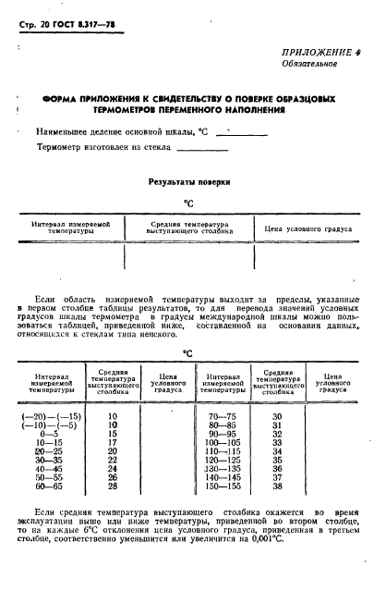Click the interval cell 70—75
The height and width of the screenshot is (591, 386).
coord(222,416)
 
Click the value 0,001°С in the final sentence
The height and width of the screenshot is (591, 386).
coord(287,538)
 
